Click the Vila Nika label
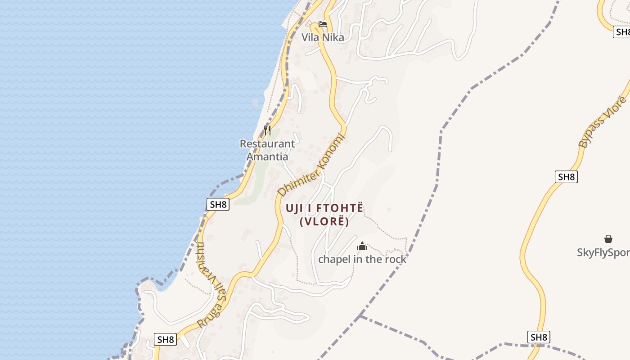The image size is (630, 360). click(323, 37)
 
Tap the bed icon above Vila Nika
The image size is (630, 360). click(322, 24)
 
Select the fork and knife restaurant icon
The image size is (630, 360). click(267, 130)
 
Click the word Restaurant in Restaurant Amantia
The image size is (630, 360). click(267, 144)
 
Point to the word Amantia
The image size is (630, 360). click(267, 157)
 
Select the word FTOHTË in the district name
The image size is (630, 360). click(340, 208)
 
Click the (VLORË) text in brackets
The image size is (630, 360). click(324, 221)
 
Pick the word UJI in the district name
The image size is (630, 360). click(295, 208)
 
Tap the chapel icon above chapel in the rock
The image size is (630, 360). click(362, 247)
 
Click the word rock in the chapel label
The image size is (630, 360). click(395, 259)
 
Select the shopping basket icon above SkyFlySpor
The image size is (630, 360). click(608, 239)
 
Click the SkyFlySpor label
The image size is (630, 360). click(603, 252)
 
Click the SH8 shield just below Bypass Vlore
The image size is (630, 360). click(566, 177)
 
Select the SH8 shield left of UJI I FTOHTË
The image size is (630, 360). click(218, 204)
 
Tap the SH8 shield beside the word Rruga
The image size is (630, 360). click(165, 339)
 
